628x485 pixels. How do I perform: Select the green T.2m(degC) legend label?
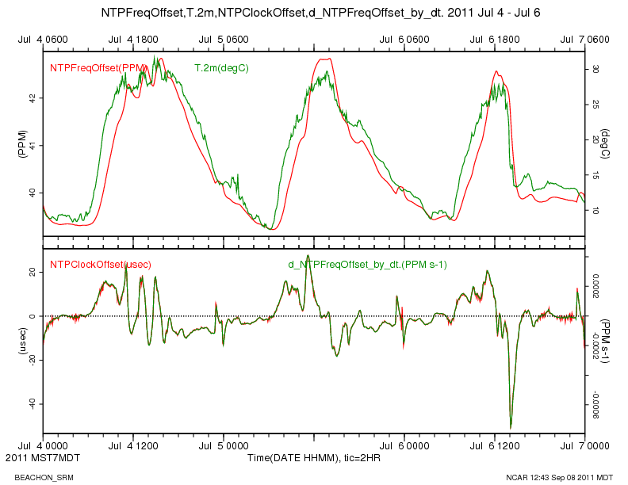[x=221, y=68]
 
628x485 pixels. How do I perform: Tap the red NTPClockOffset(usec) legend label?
[x=100, y=264]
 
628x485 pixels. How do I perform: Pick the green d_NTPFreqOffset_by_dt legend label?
[x=366, y=264]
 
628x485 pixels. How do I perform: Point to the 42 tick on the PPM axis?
[x=32, y=98]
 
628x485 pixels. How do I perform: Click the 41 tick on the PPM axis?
[x=32, y=145]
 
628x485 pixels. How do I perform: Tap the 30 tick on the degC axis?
[x=595, y=70]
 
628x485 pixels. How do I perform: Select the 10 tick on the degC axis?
[x=595, y=211]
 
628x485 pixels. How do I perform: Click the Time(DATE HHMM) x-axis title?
[x=314, y=458]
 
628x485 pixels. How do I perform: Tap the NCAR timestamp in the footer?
[x=559, y=477]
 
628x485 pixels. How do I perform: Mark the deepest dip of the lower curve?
[x=511, y=427]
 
